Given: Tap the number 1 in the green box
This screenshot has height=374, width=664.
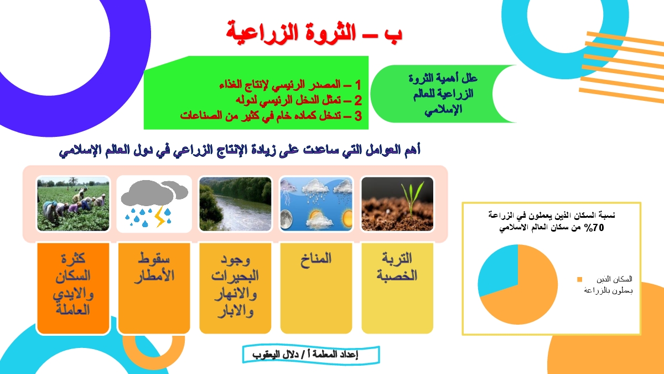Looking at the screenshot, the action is [x=358, y=85].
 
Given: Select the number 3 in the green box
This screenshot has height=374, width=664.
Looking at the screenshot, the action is [x=358, y=116].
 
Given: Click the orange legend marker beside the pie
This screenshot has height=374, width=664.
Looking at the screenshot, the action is [x=580, y=279].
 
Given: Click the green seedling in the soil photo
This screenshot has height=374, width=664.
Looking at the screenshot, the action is [x=412, y=197].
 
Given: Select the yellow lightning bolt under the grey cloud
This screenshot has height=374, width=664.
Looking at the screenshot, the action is [x=160, y=216].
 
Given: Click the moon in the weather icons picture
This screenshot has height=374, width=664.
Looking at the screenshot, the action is [x=287, y=219].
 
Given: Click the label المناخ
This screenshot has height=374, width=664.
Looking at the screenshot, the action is [x=316, y=259].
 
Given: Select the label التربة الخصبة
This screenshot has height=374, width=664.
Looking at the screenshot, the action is [x=397, y=267].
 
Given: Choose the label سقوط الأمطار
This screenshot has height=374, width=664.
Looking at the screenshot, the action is [x=154, y=267].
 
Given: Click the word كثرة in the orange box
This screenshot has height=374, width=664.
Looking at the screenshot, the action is [x=73, y=258].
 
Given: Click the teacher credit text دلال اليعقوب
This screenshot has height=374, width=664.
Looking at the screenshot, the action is [x=276, y=355].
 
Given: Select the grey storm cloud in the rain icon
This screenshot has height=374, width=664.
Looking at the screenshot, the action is [x=154, y=193].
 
